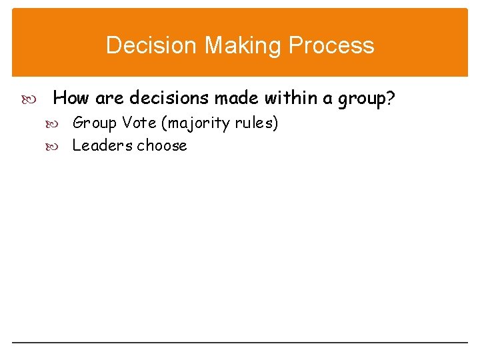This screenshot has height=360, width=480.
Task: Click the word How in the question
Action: (71, 99)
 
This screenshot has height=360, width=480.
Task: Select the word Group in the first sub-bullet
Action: (94, 123)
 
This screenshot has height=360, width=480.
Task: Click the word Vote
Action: (139, 123)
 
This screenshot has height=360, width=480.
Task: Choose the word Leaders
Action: (102, 145)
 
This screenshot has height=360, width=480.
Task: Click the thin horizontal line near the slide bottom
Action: (240, 343)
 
